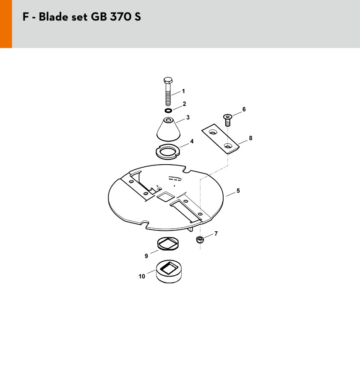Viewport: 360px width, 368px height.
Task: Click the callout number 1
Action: coord(183,91)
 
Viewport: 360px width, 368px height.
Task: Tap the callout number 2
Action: coord(184,104)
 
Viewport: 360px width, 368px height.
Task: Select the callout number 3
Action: coord(188,117)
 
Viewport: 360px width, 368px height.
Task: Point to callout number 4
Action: coord(192,141)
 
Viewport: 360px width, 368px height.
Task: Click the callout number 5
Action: coord(238,191)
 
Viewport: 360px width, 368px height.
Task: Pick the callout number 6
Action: coord(244,109)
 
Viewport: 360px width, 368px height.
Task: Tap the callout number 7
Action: coord(216,233)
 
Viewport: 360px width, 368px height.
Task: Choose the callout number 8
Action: coord(251,138)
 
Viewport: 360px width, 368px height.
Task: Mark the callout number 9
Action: coord(146,256)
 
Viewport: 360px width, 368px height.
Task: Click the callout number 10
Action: coord(142,276)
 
